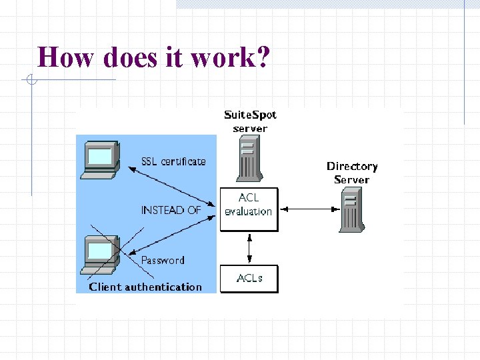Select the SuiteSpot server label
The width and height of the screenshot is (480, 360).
(x=250, y=121)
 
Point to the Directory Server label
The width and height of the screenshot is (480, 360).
(x=352, y=173)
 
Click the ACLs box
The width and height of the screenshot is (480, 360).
(x=249, y=279)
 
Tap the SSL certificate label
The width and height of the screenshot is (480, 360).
(x=173, y=161)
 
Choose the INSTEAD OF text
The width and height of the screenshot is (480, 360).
(x=171, y=210)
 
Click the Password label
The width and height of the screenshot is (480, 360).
(x=163, y=260)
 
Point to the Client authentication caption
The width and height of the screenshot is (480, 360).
(x=145, y=287)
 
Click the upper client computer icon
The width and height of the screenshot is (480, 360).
(x=100, y=160)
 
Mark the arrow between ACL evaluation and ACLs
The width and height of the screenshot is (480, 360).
(x=249, y=248)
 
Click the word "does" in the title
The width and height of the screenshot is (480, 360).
(x=131, y=57)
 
